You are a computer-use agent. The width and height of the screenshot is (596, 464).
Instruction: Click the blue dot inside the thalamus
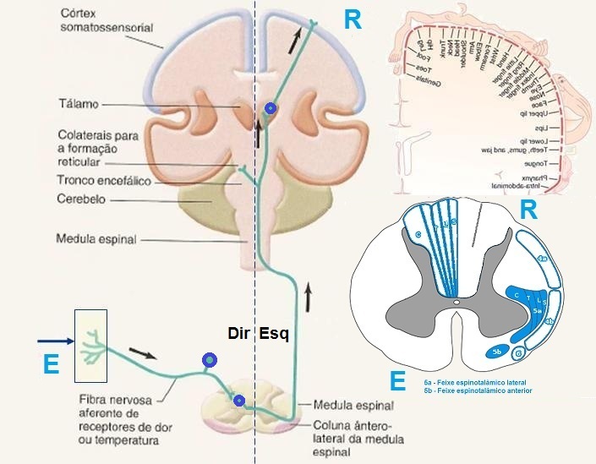coord(270,108)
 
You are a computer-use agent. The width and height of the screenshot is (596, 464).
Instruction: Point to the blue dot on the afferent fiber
coord(208,362)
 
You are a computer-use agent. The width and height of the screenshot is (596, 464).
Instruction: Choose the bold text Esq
coord(274,333)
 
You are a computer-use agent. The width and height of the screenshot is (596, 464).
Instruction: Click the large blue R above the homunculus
coord(353,20)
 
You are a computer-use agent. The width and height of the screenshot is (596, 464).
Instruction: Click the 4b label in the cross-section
coord(550,320)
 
